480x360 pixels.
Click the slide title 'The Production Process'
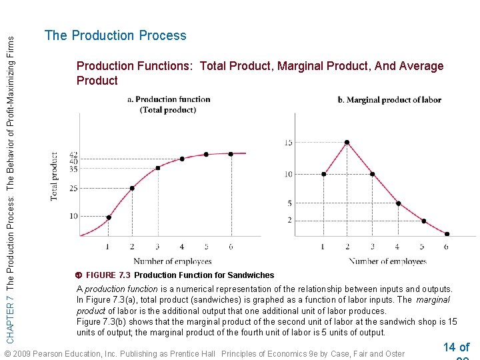pyautogui.click(x=115, y=36)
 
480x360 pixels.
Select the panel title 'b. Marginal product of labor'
pyautogui.click(x=389, y=100)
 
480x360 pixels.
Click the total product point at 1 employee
pyautogui.click(x=109, y=217)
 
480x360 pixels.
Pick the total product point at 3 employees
pyautogui.click(x=157, y=168)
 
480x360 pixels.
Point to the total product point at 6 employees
pyautogui.click(x=231, y=154)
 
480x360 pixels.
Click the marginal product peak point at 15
pyautogui.click(x=347, y=142)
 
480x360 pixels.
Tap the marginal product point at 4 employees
pyautogui.click(x=398, y=203)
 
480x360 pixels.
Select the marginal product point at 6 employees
pyautogui.click(x=447, y=234)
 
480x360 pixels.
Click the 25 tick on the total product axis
pyautogui.click(x=73, y=189)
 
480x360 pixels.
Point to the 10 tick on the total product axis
pyautogui.click(x=73, y=216)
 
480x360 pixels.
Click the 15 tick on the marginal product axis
pyautogui.click(x=288, y=143)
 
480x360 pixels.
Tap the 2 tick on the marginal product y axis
pyautogui.click(x=289, y=220)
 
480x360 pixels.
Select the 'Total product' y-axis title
pyautogui.click(x=54, y=176)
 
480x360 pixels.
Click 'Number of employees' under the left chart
pyautogui.click(x=172, y=261)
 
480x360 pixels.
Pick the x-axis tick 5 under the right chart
pyautogui.click(x=422, y=247)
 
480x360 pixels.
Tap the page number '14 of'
pyautogui.click(x=456, y=347)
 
